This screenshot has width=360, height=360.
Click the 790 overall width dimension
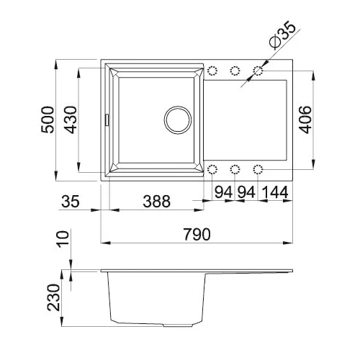coord(197,234)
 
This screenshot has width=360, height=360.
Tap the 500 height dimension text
coord(48,120)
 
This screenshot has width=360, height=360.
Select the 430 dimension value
coord(71,120)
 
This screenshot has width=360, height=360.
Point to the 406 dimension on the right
coord(305,120)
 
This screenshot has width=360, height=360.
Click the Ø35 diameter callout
coord(282,35)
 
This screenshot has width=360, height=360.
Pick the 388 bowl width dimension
coord(156,201)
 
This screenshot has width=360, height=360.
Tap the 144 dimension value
coord(275,192)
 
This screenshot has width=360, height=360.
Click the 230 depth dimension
coord(53,297)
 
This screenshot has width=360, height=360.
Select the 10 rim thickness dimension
coord(63,239)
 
